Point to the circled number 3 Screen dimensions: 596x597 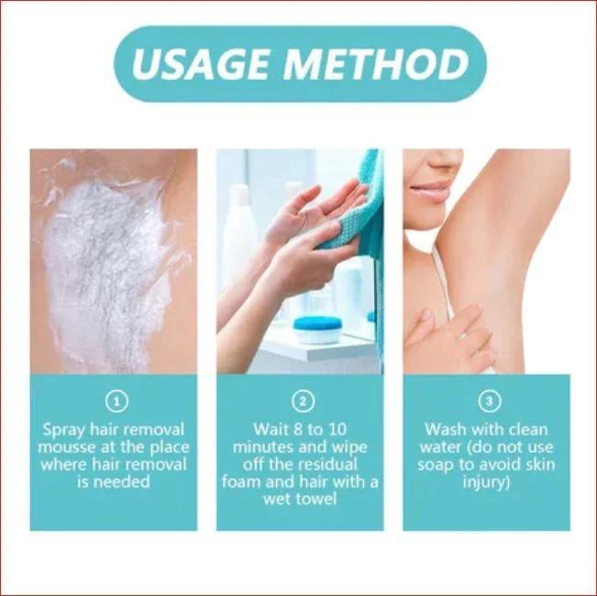[486, 401]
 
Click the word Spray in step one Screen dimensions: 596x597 [65, 429]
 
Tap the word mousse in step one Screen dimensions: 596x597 [72, 447]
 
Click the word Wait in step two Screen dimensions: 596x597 [270, 429]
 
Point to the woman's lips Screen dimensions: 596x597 [430, 193]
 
